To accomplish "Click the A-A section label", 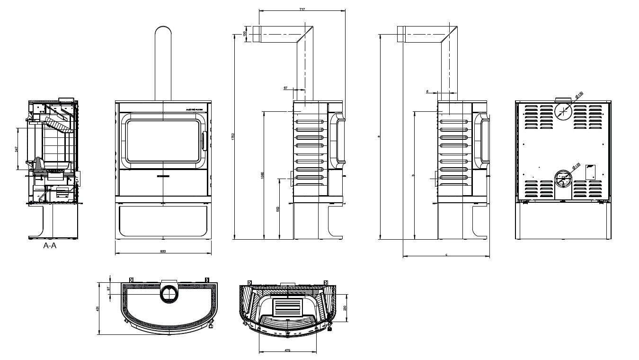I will tap(50, 245).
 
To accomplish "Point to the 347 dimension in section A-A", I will tap(17, 149).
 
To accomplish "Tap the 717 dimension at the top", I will tap(302, 9).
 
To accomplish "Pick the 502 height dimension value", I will tap(278, 209).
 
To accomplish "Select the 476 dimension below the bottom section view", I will tap(287, 350).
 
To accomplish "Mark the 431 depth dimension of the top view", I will tap(98, 308).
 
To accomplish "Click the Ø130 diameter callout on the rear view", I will tap(579, 95).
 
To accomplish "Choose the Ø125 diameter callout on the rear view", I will tap(576, 166).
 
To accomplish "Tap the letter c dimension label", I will tap(446, 255).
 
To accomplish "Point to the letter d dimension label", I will tap(427, 91).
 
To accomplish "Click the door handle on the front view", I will tap(204, 141).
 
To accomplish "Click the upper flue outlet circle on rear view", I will tap(563, 112).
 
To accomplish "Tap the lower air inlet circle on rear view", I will tap(563, 179).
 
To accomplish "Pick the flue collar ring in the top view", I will tap(169, 294).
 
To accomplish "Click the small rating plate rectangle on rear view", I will tap(590, 172).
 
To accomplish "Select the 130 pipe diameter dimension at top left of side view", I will tap(244, 34).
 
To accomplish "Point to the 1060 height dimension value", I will tap(262, 175).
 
